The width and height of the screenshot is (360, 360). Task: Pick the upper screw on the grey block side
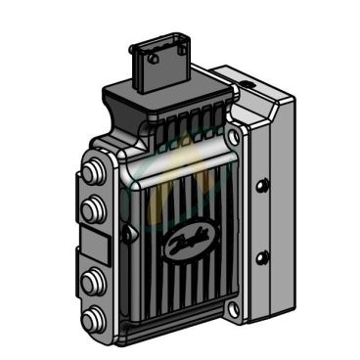pos(260,185)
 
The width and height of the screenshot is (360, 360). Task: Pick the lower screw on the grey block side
pos(260,257)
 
